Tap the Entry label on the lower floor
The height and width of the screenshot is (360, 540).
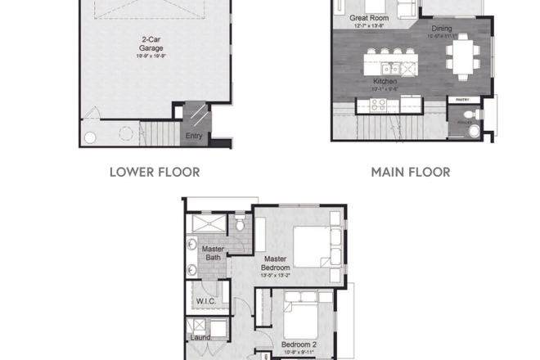pos(193,136)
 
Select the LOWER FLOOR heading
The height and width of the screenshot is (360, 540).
pos(154,173)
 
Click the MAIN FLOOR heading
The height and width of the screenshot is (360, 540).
pos(410,173)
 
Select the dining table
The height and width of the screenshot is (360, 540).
pos(464,56)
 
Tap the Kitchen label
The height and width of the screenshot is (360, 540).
pos(385,82)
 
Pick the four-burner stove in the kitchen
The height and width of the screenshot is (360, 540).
pos(379,104)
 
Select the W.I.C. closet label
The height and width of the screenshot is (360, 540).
pos(205,301)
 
